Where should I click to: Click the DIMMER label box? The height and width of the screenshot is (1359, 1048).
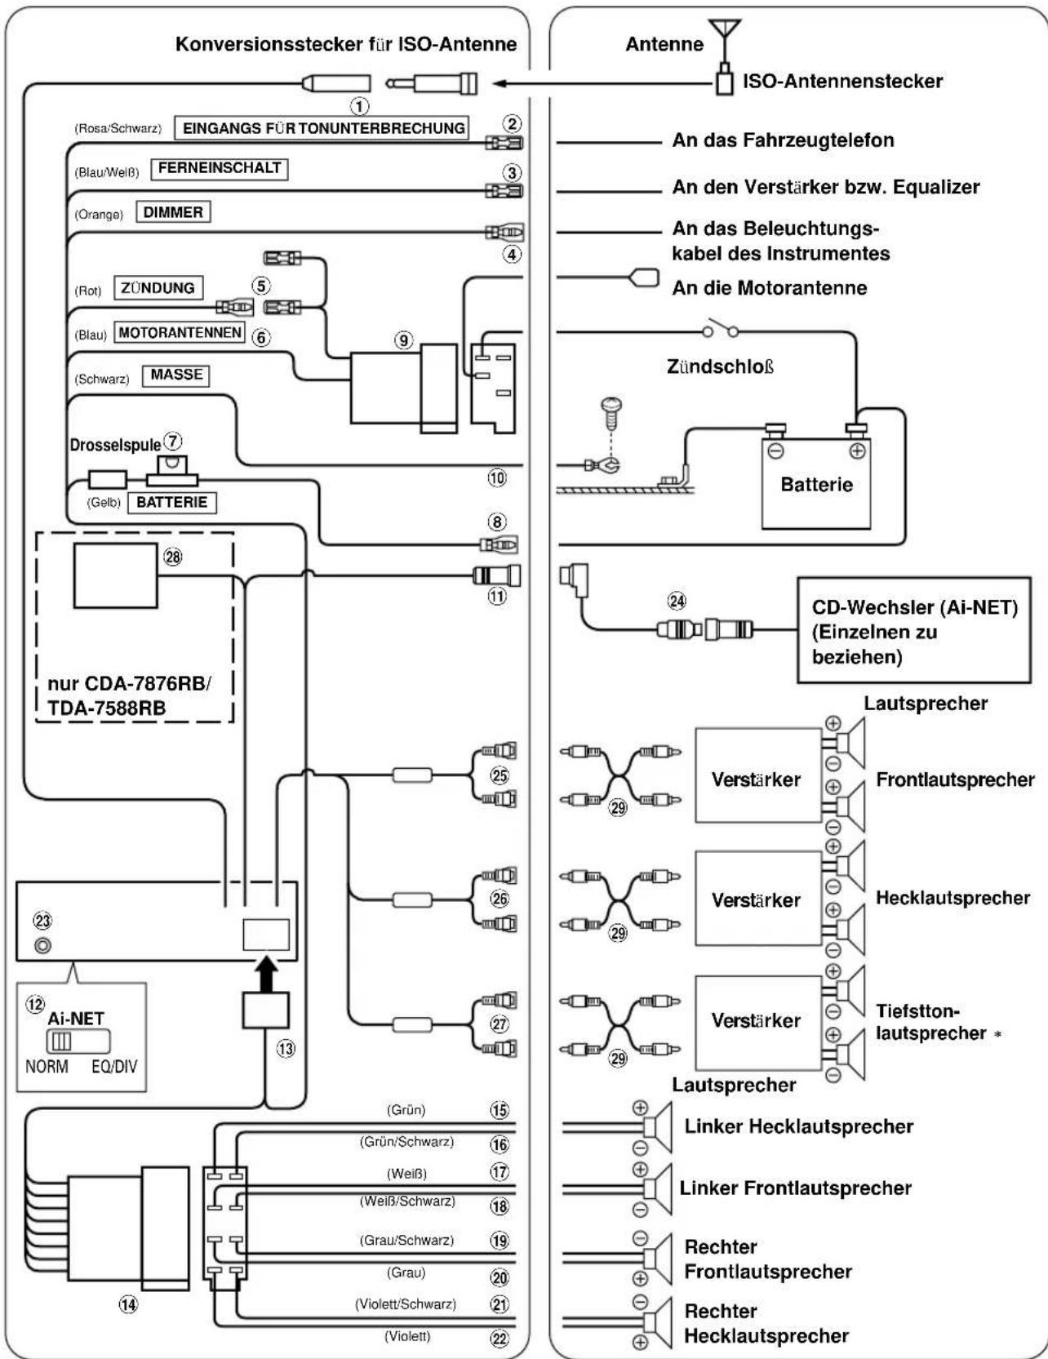[x=173, y=212]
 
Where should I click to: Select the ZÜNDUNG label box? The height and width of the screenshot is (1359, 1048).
[x=158, y=288]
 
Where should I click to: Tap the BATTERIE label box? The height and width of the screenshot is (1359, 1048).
[x=171, y=502]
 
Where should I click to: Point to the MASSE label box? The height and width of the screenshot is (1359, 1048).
[x=176, y=375]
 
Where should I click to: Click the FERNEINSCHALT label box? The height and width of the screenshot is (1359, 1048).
[x=220, y=168]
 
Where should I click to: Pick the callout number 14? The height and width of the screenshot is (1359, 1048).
[x=129, y=1305]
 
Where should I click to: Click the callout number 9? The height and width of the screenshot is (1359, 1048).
[x=404, y=340]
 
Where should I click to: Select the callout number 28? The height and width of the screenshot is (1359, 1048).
[x=173, y=557]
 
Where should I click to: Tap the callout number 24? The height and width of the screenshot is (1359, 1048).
[x=677, y=602]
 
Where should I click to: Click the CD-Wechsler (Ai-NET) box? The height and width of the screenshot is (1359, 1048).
[x=913, y=629]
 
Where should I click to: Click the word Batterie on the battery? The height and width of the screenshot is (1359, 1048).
[x=816, y=485]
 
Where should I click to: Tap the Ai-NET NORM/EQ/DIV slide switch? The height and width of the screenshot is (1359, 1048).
[x=79, y=1042]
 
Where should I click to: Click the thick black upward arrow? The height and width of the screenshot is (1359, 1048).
[x=265, y=974]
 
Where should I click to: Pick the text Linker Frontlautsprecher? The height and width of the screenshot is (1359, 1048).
[x=795, y=1188]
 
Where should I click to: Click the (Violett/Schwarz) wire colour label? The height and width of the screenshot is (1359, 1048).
[x=406, y=1304]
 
